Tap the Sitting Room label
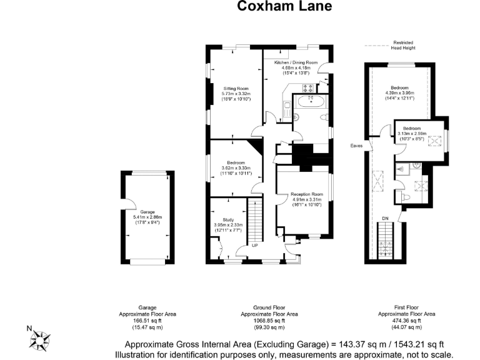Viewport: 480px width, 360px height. tap(236, 88)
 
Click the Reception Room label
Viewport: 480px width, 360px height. tap(306, 194)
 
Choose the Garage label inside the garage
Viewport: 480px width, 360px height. tap(147, 212)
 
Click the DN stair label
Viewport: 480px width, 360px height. tap(385, 217)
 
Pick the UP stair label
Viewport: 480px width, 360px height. tap(254, 245)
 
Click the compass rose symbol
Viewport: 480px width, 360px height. tap(41, 340)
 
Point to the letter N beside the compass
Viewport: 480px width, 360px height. tap(27, 327)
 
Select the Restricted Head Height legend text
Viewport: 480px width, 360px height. tap(403, 45)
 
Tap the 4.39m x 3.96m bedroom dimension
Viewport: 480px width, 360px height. tap(399, 92)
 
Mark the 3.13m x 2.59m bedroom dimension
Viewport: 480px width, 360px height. tap(411, 133)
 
